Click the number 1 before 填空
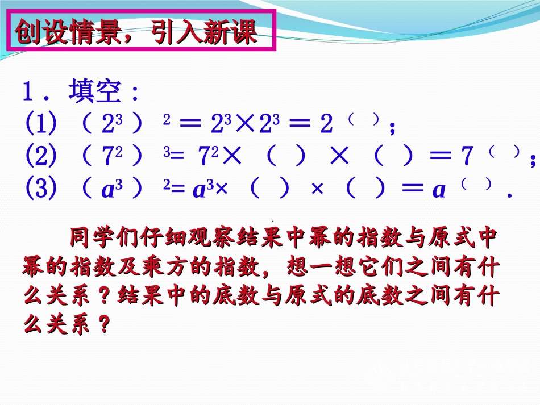click(x=29, y=92)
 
